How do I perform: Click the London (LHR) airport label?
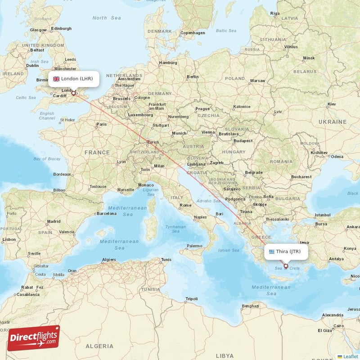click(x=73, y=79)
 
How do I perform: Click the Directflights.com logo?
click(x=33, y=338)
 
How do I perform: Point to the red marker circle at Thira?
click(x=285, y=266)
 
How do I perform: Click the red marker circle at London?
click(x=73, y=94)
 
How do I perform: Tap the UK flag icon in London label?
click(x=56, y=79)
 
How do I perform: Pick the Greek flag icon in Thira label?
click(x=272, y=252)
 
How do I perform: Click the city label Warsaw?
click(x=257, y=81)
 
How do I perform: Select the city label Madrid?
click(x=54, y=221)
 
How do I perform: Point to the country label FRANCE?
click(x=97, y=153)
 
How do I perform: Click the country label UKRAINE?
click(x=333, y=122)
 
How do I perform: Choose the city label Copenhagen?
click(x=193, y=33)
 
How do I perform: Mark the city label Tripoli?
click(x=192, y=299)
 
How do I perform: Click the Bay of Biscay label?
click(x=47, y=159)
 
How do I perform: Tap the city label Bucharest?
click(x=301, y=177)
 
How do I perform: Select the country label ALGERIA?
click(x=100, y=346)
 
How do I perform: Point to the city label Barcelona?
click(x=106, y=214)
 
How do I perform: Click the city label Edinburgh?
click(x=61, y=29)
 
